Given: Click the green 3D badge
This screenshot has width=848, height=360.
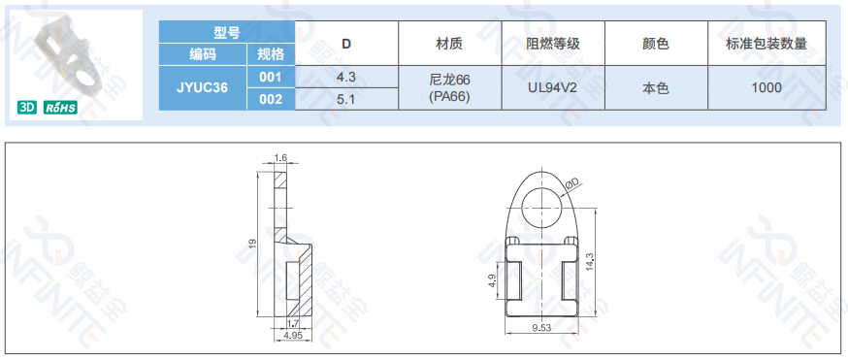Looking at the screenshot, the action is [27, 108].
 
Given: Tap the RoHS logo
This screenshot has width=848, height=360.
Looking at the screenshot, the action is [60, 108].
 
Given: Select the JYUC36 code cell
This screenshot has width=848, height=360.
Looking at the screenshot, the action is [202, 87].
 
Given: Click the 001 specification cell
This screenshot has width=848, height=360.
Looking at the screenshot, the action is [271, 77].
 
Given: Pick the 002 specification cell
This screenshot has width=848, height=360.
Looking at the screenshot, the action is [271, 99].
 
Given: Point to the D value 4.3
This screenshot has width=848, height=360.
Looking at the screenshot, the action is [346, 77].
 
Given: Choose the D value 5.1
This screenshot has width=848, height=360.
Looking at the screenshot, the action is [346, 99].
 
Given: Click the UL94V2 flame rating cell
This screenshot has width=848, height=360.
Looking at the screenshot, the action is [553, 87].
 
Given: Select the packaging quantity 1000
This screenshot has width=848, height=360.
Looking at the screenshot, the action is [766, 87].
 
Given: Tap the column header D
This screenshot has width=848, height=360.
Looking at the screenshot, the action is [346, 44].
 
